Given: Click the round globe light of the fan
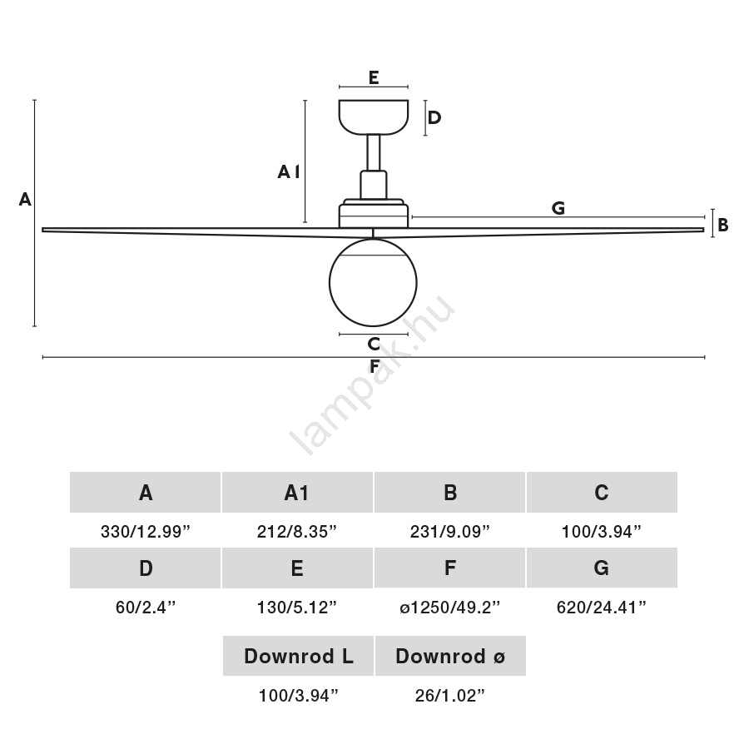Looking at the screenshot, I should point(374,280).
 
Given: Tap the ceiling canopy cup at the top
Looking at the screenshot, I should point(374,117).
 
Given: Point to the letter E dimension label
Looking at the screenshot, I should point(374,78).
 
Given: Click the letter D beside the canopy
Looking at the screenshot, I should point(434,117).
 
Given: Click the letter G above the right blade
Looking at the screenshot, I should point(558,208).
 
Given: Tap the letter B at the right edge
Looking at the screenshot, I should point(723,225).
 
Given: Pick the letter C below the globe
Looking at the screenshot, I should point(374,344).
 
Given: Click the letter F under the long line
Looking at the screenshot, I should point(374,367).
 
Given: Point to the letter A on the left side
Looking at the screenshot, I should point(25,200).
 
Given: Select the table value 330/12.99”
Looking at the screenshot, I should point(146,531).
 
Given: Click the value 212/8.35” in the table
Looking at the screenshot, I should point(297,531).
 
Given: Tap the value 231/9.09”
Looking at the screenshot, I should point(449,531).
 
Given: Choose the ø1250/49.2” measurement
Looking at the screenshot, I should point(449,608).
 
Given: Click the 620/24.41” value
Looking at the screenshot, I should point(602,608).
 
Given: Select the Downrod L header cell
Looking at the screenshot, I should point(298,657).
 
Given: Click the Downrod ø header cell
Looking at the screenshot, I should point(450,657).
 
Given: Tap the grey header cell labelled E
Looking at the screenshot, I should point(297,568).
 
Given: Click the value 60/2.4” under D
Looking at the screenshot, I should point(146,608).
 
